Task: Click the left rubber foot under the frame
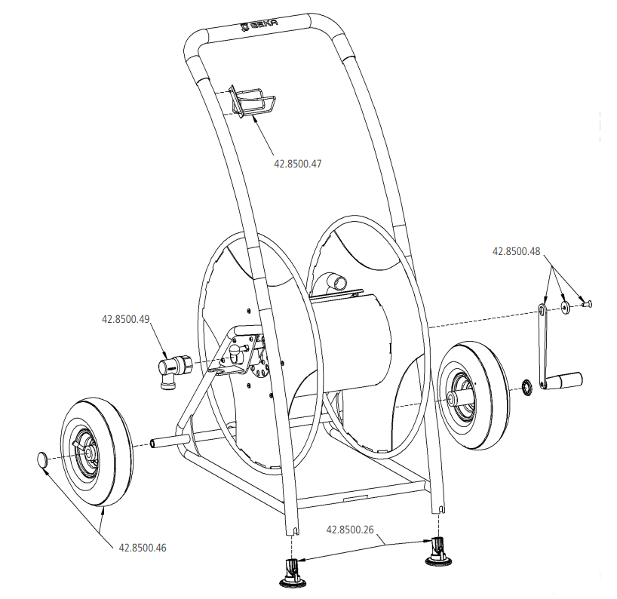pyautogui.click(x=293, y=571)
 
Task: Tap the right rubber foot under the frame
pyautogui.click(x=437, y=550)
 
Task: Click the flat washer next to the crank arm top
pyautogui.click(x=565, y=308)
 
